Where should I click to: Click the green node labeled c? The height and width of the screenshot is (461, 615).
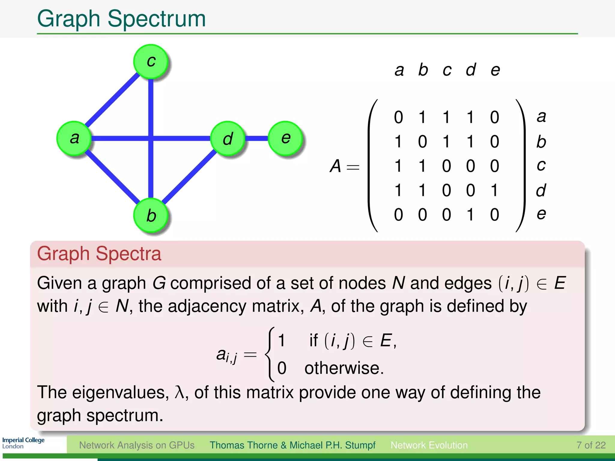click(151, 62)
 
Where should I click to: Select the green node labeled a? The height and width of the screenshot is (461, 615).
click(74, 138)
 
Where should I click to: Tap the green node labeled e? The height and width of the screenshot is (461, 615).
click(285, 138)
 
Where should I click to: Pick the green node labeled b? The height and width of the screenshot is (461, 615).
click(151, 215)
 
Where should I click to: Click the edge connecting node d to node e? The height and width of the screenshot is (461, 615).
click(257, 138)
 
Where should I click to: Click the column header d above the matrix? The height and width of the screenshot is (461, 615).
click(471, 70)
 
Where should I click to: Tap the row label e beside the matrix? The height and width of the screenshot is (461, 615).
click(541, 214)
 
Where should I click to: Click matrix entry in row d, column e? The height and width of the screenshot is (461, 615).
click(495, 190)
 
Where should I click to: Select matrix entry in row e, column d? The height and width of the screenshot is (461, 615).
click(471, 215)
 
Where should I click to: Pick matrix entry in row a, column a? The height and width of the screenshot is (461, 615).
click(398, 117)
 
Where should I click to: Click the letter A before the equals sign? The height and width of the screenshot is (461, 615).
click(335, 166)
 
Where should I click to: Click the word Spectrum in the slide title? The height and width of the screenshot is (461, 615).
click(156, 19)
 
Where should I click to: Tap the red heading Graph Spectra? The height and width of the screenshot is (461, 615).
click(99, 254)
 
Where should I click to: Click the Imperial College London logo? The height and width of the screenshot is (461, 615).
click(23, 443)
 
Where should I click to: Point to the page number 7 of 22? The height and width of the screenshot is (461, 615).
click(591, 445)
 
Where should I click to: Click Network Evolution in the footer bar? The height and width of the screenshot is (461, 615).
click(429, 445)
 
